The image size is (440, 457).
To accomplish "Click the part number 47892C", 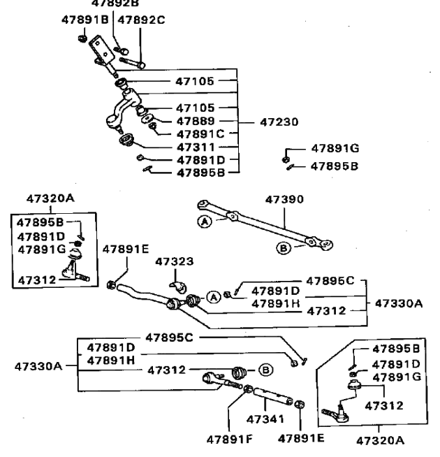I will [142, 20].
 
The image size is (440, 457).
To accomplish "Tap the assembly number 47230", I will [279, 121].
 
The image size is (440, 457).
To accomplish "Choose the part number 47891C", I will [200, 133].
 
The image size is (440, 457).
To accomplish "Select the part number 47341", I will [264, 419].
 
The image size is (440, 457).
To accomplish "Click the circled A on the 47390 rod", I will [205, 222].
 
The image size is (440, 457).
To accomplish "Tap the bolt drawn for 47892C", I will [133, 62].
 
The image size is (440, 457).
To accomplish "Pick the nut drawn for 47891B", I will [82, 38].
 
